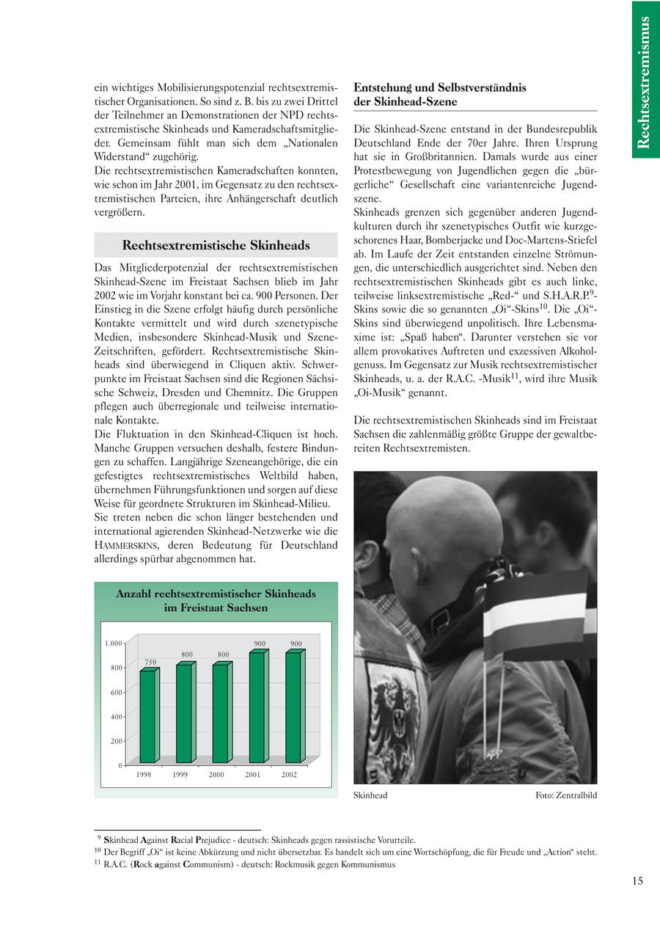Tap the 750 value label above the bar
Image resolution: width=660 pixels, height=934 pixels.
coord(150,662)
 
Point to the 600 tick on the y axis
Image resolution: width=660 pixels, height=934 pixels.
coord(116,692)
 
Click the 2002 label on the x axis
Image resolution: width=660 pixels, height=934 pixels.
coord(289,775)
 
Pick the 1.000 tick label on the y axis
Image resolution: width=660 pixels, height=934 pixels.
coord(113,643)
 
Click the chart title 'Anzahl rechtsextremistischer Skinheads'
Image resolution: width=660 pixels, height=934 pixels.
coord(216,594)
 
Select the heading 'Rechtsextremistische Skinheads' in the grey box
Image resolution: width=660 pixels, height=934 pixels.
coord(216,245)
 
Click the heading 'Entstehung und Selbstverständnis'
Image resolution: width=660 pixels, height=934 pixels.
coord(440,87)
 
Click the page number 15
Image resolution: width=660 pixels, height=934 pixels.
coord(637,881)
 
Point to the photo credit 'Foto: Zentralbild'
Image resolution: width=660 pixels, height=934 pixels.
coord(565,795)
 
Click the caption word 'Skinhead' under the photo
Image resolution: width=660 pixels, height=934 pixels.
coord(370,795)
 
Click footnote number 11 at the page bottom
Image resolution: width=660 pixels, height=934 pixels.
coord(97,864)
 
